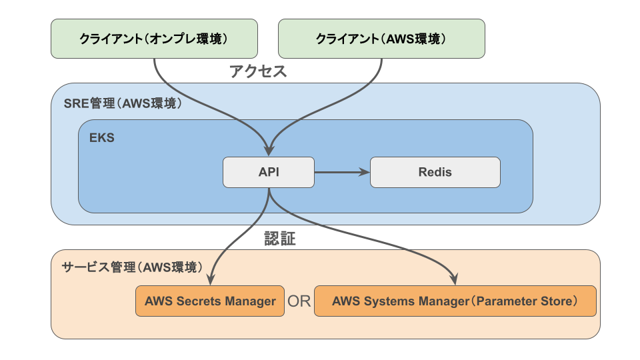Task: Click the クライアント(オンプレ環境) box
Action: pyautogui.click(x=154, y=39)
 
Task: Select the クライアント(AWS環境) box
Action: pyautogui.click(x=381, y=39)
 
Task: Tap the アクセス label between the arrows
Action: pyautogui.click(x=258, y=71)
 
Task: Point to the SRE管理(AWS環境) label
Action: pyautogui.click(x=123, y=103)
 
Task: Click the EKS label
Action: pyautogui.click(x=101, y=137)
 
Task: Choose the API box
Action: pyautogui.click(x=269, y=172)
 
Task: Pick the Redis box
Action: pyautogui.click(x=435, y=172)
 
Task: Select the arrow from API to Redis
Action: pyautogui.click(x=342, y=172)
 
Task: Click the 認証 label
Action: pyautogui.click(x=280, y=239)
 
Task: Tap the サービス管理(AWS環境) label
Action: pyautogui.click(x=132, y=267)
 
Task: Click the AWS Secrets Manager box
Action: pyautogui.click(x=210, y=301)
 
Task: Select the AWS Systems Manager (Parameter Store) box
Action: pyautogui.click(x=455, y=301)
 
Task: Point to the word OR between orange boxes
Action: pyautogui.click(x=299, y=301)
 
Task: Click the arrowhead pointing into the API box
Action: pyautogui.click(x=269, y=150)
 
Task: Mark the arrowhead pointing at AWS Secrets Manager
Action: pyautogui.click(x=210, y=279)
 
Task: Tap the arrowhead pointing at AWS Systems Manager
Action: pyautogui.click(x=454, y=279)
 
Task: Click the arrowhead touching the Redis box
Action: pyautogui.click(x=364, y=172)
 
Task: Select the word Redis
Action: pyautogui.click(x=435, y=172)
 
